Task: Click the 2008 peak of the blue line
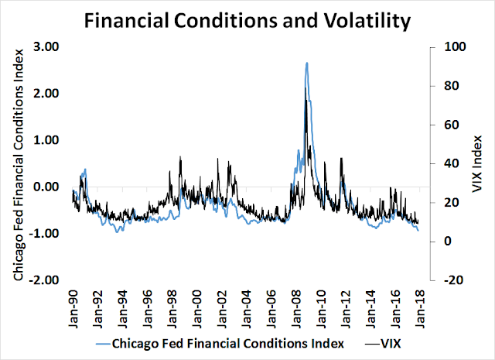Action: pyautogui.click(x=307, y=63)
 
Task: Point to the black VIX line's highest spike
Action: pyautogui.click(x=306, y=101)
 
